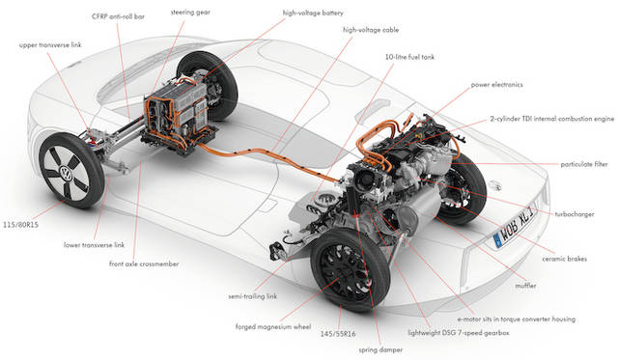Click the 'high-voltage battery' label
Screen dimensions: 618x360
point(313,13)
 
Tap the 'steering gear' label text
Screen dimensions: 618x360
point(190,13)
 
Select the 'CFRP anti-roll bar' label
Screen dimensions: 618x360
point(118,16)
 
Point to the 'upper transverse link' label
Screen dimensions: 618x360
point(50,45)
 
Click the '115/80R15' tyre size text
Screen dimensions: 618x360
point(21,225)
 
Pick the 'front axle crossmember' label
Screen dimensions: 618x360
point(144,263)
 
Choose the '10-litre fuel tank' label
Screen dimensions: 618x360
point(409,57)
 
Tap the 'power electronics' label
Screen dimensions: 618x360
point(497,85)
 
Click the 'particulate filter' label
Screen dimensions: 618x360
point(584,164)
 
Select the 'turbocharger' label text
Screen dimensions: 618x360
point(575,214)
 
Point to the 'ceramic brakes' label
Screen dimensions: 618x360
point(564,259)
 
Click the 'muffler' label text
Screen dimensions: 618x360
point(525,286)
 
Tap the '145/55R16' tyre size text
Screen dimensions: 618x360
point(338,334)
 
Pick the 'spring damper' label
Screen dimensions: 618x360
point(380,349)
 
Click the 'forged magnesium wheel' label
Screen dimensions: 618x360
point(273,327)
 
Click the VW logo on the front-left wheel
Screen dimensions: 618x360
point(65,172)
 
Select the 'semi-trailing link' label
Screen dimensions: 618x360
point(253,296)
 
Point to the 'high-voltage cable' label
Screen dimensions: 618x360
point(371,30)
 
